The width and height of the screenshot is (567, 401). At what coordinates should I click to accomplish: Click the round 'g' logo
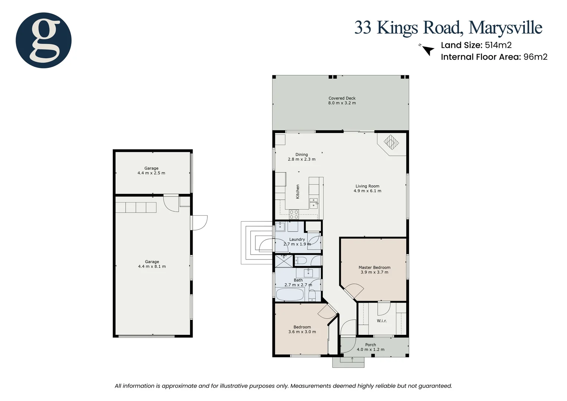pos(43,40)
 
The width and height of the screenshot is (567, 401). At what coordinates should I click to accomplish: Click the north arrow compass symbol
pos(428,50)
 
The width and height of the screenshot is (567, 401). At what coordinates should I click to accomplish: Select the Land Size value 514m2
pos(498,45)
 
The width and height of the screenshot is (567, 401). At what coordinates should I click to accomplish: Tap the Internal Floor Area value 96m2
pos(535,57)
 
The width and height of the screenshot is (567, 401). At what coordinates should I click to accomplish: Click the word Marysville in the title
pos(505,28)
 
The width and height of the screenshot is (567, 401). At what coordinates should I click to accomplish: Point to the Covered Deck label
pos(342,98)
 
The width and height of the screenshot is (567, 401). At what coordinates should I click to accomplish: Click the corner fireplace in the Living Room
pos(391,142)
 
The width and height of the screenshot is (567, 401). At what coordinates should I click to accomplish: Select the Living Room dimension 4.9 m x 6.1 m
pos(367,191)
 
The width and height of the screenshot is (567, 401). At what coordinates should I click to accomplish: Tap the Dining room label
pos(301,154)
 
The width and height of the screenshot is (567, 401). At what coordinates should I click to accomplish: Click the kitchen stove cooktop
pos(294,214)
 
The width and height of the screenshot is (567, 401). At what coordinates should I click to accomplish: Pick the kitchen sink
pos(314,202)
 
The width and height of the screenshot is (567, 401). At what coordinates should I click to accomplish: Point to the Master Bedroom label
pos(374,267)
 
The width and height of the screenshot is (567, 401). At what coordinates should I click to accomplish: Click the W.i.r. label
pos(381,321)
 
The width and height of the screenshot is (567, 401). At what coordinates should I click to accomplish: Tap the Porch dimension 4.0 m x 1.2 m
pos(370,349)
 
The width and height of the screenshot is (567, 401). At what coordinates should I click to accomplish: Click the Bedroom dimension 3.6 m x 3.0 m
pos(302,332)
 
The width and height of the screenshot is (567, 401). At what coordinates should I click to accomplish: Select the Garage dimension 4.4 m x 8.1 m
pos(152,267)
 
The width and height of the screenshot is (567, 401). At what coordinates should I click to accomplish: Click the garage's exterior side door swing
pos(199,223)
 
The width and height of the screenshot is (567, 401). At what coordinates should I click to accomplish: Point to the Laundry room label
pos(297,239)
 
